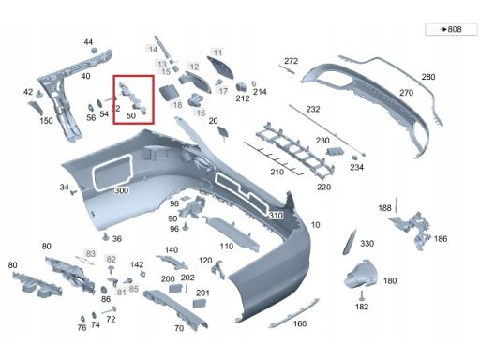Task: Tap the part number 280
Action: pos(427,77)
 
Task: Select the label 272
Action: pos(291,61)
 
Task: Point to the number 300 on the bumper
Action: pos(121,190)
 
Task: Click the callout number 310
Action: pos(276,216)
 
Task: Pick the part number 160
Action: pos(300,324)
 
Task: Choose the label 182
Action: pos(362,307)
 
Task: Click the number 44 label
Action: pos(88,42)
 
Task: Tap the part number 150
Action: pos(46,121)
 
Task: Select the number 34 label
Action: pos(65,187)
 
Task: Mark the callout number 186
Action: pos(441,239)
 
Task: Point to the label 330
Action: pos(367,244)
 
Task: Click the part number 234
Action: pos(356,167)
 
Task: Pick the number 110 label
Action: pos(226,246)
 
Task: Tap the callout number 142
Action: pos(137,265)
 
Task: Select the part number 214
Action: pos(260,92)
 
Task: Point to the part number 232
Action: pos(312,110)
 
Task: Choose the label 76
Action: pos(82,327)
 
